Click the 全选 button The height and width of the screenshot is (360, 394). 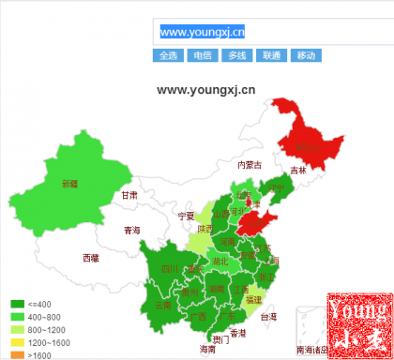pos(167,55)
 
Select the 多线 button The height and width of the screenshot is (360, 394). pos(236,55)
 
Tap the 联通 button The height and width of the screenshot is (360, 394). pos(271,55)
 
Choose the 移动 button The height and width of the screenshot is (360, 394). pos(306,55)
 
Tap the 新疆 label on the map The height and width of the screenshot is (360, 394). pos(70,184)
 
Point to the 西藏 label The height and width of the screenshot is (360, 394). pos(90,257)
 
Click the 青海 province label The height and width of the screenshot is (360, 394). pos(131,230)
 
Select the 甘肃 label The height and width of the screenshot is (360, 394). pos(129,196)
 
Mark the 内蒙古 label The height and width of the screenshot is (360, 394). pos(249,165)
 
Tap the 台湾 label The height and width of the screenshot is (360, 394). pos(268,317)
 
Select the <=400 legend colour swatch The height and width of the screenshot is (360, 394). pos(17,304)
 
